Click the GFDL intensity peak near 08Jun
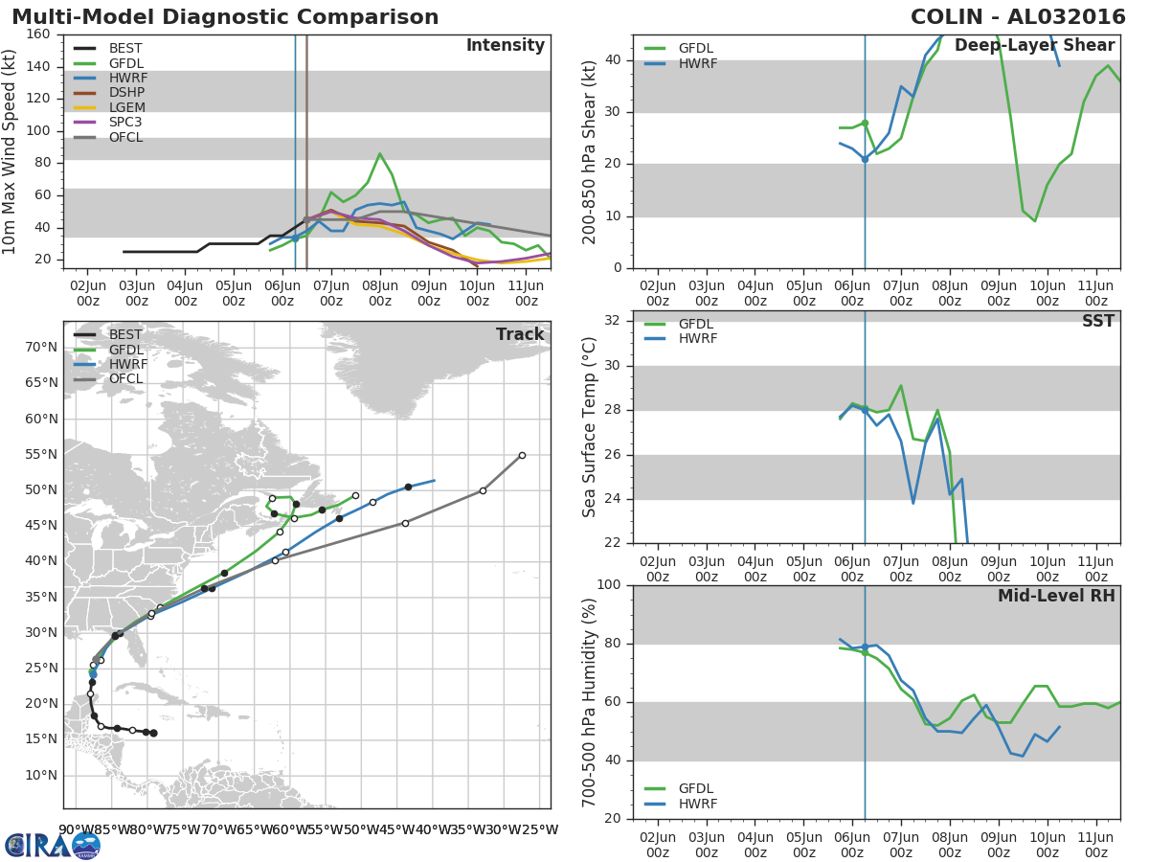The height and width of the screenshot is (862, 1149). pyautogui.click(x=379, y=153)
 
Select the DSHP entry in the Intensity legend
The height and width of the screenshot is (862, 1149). pyautogui.click(x=126, y=93)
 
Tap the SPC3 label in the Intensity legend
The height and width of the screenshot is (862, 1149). pyautogui.click(x=125, y=122)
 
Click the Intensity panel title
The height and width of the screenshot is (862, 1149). pyautogui.click(x=506, y=46)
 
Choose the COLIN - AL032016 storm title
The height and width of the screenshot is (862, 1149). pyautogui.click(x=1018, y=16)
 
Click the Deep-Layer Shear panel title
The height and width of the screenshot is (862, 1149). pyautogui.click(x=1034, y=46)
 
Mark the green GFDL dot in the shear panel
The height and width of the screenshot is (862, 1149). pyautogui.click(x=865, y=124)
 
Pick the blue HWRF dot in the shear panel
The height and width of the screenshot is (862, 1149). pyautogui.click(x=865, y=159)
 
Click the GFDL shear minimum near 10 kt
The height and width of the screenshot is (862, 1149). pyautogui.click(x=1034, y=221)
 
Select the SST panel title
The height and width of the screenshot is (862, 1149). pyautogui.click(x=1098, y=321)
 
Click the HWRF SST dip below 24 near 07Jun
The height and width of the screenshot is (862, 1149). pyautogui.click(x=912, y=503)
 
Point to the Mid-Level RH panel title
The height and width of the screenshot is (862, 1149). pyautogui.click(x=1056, y=596)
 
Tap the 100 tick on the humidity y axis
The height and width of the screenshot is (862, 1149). pyautogui.click(x=609, y=584)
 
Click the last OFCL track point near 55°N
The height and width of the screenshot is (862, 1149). pyautogui.click(x=522, y=455)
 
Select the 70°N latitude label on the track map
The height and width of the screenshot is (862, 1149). pyautogui.click(x=41, y=347)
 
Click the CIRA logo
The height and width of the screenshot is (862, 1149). pyautogui.click(x=53, y=845)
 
